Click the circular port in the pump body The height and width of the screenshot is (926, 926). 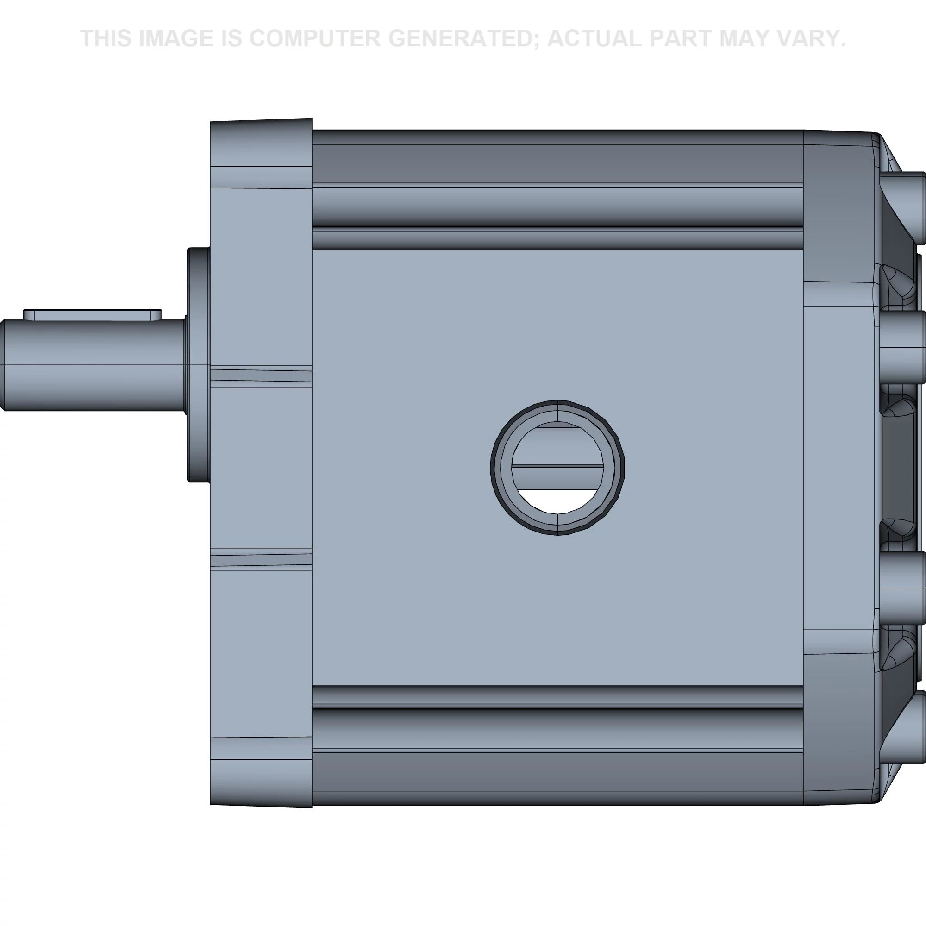(557, 467)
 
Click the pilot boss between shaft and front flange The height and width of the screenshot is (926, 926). (198, 364)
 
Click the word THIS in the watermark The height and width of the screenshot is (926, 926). (106, 38)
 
